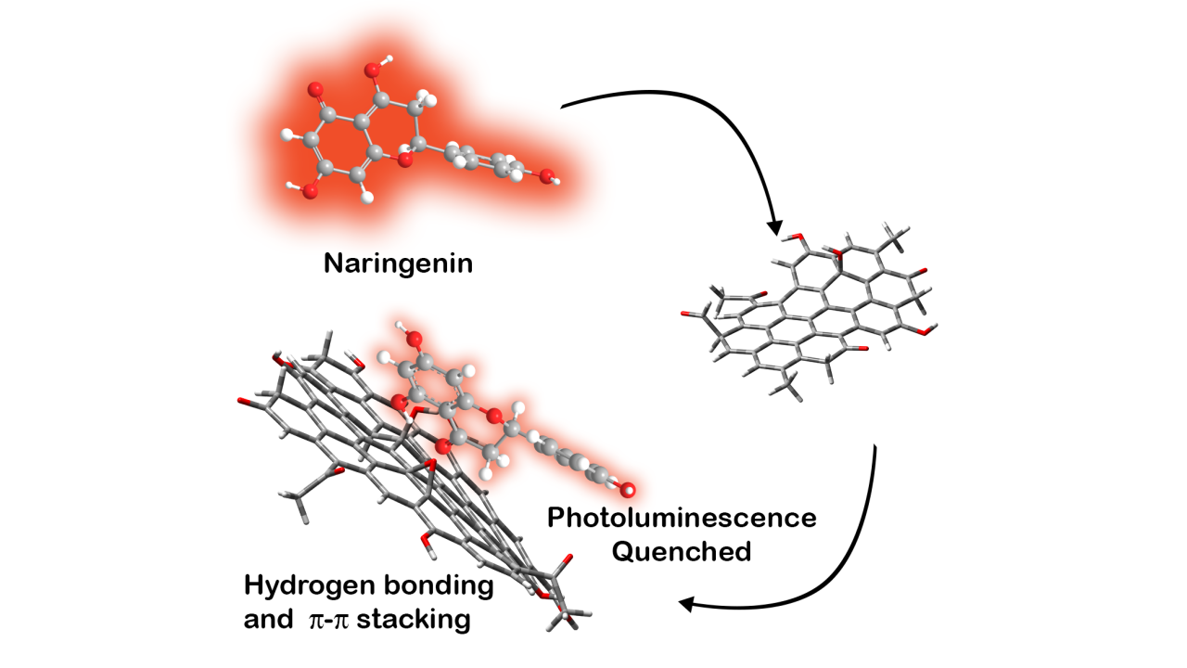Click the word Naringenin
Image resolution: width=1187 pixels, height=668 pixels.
click(398, 263)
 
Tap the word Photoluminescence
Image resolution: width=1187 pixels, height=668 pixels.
click(682, 518)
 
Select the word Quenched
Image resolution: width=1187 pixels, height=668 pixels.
click(682, 551)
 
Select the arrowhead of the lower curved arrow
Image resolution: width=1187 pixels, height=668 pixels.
click(688, 604)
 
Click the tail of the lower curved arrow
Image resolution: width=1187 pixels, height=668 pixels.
click(874, 447)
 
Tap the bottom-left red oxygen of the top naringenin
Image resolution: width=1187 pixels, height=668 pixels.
click(309, 191)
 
